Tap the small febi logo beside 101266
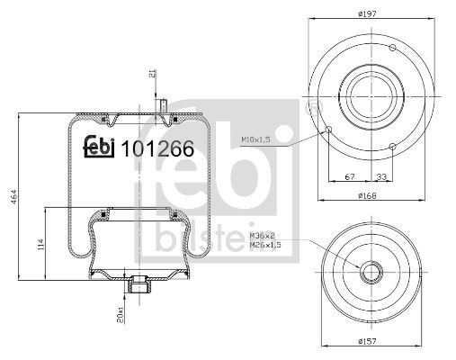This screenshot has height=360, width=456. click(100, 150)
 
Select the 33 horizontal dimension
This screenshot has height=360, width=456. click(381, 177)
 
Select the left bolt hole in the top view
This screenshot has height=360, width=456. click(330, 130)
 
